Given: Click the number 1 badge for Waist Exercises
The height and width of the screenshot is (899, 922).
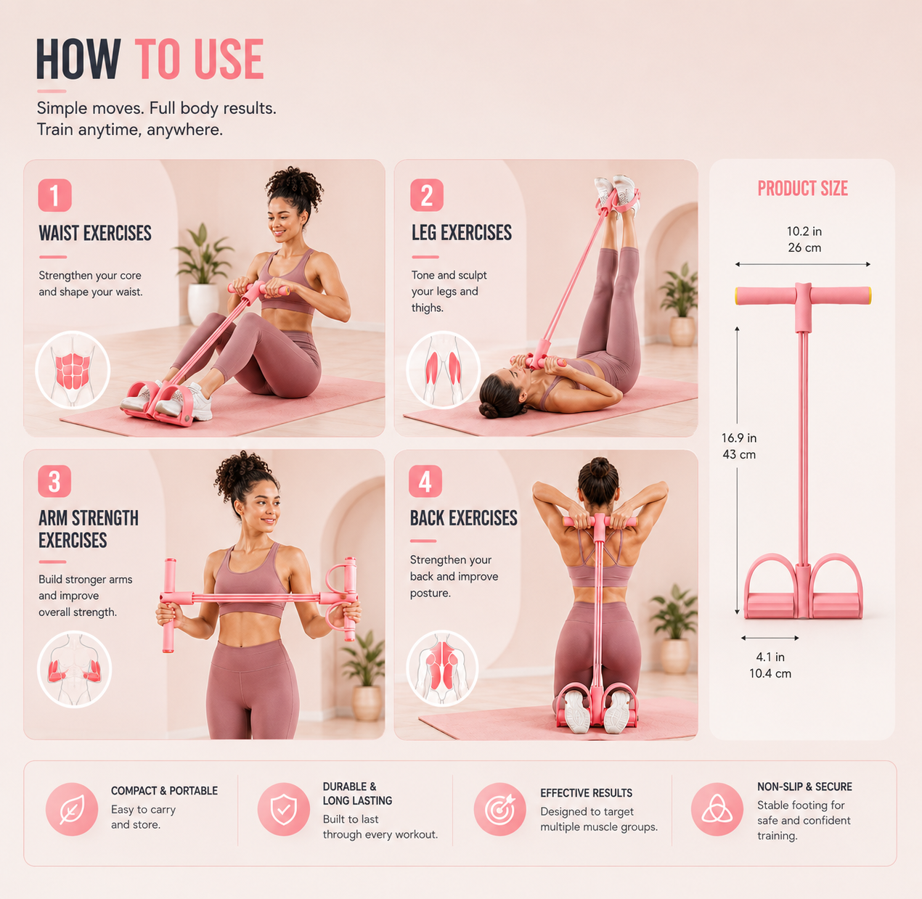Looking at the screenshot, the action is [x=54, y=194].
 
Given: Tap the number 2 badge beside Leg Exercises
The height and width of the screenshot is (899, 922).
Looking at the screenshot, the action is [x=426, y=194].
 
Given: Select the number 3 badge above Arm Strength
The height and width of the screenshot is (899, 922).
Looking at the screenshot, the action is [x=54, y=481].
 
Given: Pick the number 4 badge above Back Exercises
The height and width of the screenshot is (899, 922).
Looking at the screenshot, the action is [x=425, y=481].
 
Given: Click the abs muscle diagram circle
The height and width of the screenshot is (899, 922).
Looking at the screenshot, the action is [x=73, y=370].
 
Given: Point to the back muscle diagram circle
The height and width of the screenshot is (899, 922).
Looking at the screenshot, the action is [x=442, y=668].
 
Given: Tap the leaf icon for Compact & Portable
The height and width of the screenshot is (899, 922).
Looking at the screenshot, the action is [x=72, y=809].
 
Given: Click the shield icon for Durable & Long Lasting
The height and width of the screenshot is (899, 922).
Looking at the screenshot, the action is [x=283, y=809].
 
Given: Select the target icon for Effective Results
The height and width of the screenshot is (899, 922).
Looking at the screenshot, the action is [x=500, y=809].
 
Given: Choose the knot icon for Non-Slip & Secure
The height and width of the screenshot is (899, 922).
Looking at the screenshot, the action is [x=717, y=809].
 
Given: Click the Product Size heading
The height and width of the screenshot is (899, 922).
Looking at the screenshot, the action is [x=803, y=188].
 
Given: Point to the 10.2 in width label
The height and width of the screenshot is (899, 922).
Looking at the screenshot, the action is [x=804, y=231].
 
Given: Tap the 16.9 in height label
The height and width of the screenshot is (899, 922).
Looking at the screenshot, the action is [x=738, y=438].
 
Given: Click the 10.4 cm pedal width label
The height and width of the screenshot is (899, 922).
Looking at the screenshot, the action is [x=770, y=673].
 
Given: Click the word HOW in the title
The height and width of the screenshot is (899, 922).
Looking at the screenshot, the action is [x=78, y=59].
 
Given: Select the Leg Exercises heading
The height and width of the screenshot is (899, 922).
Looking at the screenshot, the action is [x=462, y=233].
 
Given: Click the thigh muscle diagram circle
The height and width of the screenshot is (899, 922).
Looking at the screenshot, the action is [x=443, y=370].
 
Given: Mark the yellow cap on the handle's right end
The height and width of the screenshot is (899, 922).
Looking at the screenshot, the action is [x=868, y=295].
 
